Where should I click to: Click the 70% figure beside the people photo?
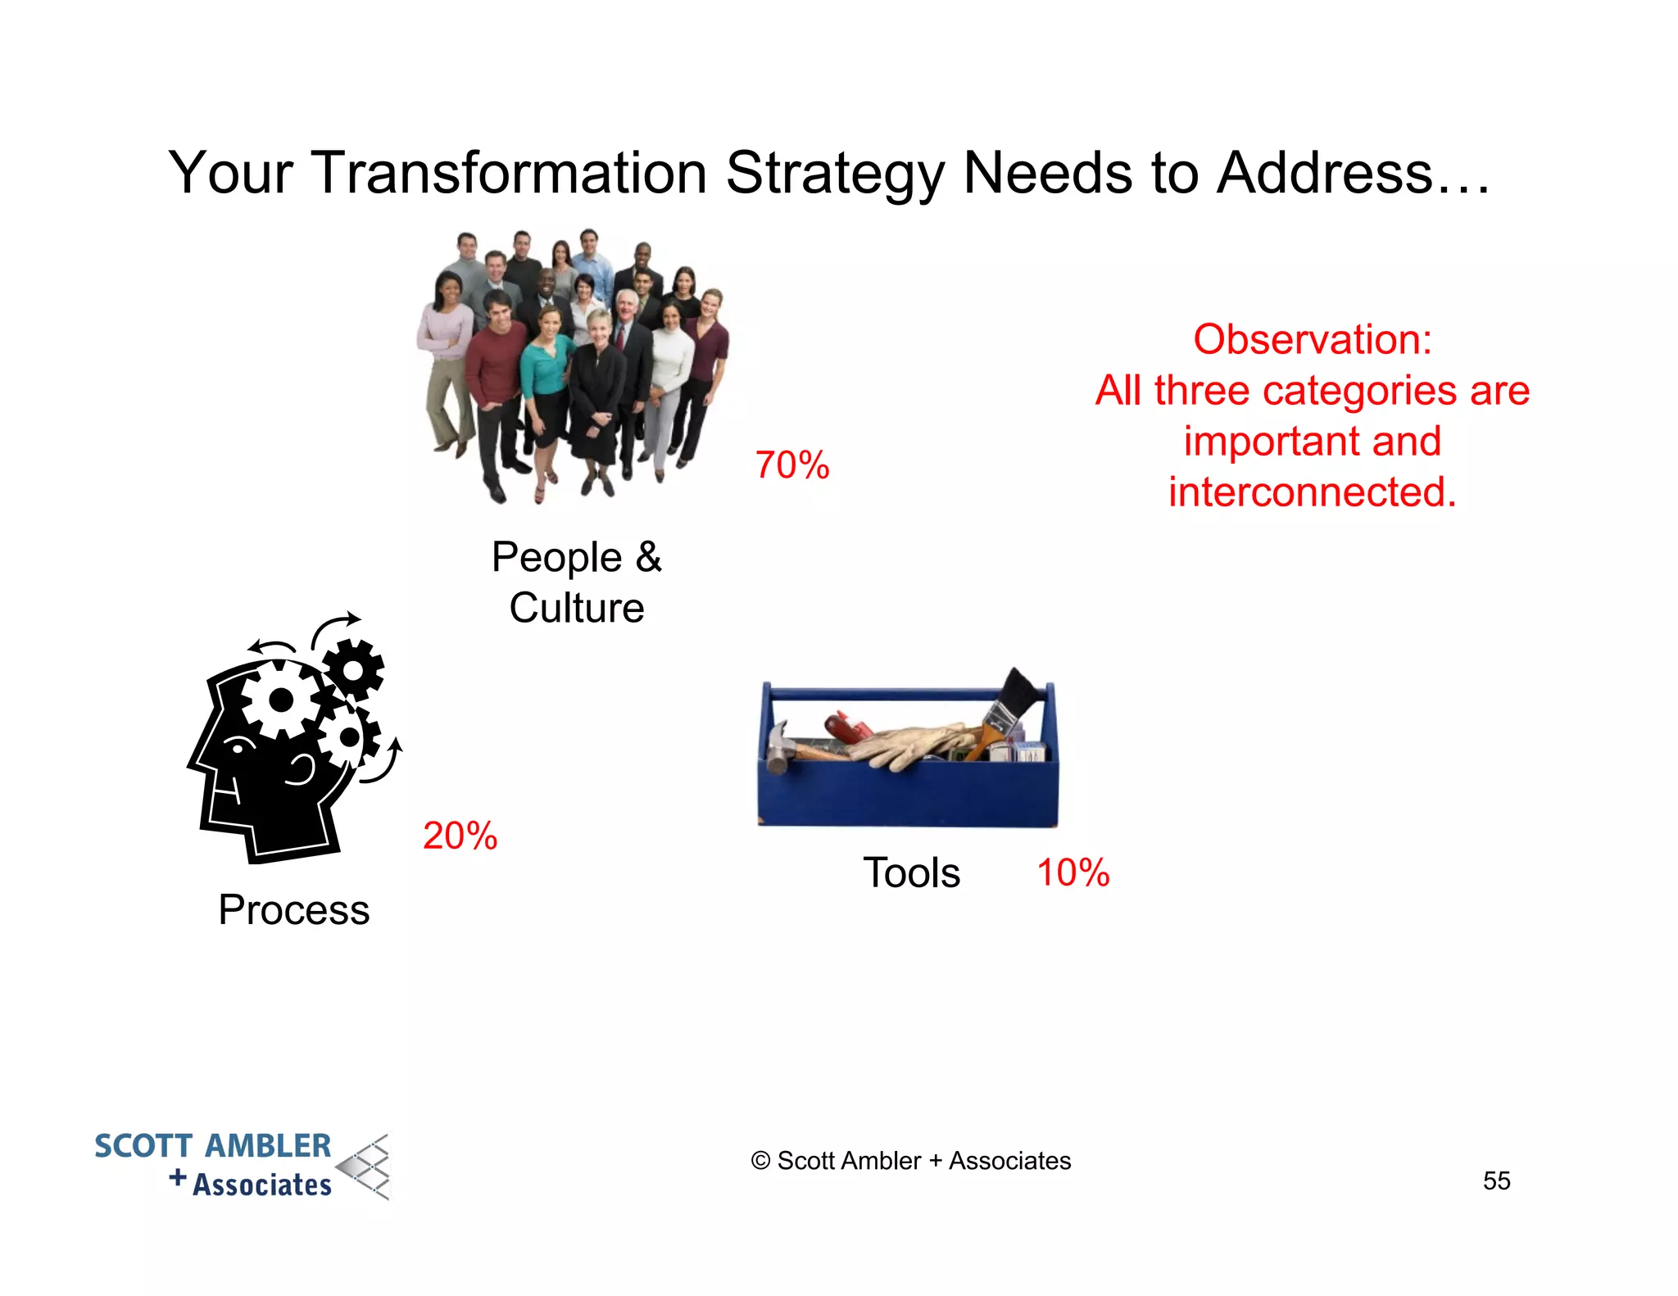click(x=791, y=465)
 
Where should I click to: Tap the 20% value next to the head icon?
click(x=460, y=836)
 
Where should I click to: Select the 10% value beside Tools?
click(x=1073, y=872)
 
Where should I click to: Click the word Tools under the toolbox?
click(x=911, y=872)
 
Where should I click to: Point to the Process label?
click(x=293, y=910)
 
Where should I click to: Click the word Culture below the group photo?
click(x=576, y=608)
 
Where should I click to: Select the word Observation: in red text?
click(x=1312, y=339)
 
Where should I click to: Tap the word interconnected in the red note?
click(x=1311, y=492)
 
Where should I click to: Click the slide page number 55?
click(x=1496, y=1180)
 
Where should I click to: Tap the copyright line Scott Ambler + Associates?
click(x=910, y=1161)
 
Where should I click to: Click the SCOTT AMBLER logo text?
click(x=213, y=1146)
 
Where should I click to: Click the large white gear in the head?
click(x=281, y=699)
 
